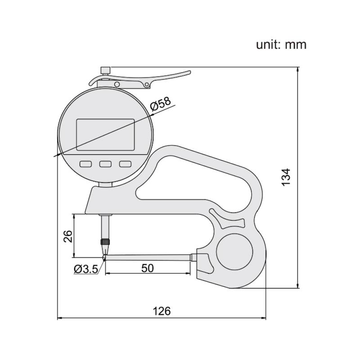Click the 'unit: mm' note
281,45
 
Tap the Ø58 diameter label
161,104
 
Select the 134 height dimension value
286,177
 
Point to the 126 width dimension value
162,311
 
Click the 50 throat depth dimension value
148,268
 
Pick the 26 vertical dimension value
68,236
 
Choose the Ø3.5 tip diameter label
86,269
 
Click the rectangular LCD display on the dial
105,135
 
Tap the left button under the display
85,164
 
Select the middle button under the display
105,164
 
